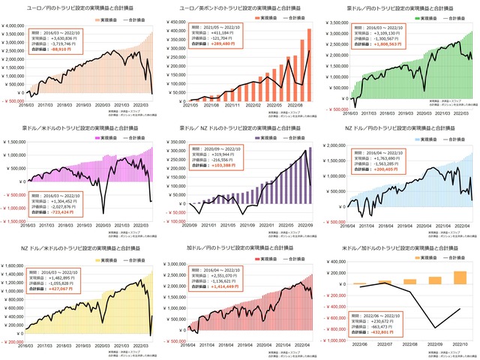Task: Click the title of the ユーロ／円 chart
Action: [79, 6]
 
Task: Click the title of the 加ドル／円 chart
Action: [240, 246]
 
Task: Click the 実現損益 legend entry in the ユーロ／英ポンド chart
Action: [259, 16]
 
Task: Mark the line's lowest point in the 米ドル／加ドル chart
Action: [434, 328]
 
